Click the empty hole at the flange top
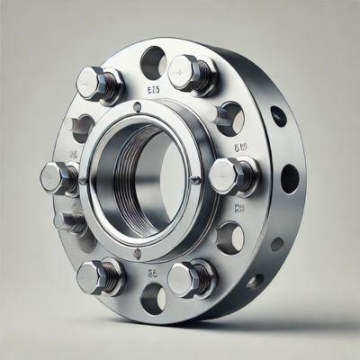153,61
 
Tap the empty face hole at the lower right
230,238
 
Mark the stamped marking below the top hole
153,91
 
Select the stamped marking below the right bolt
239,209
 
